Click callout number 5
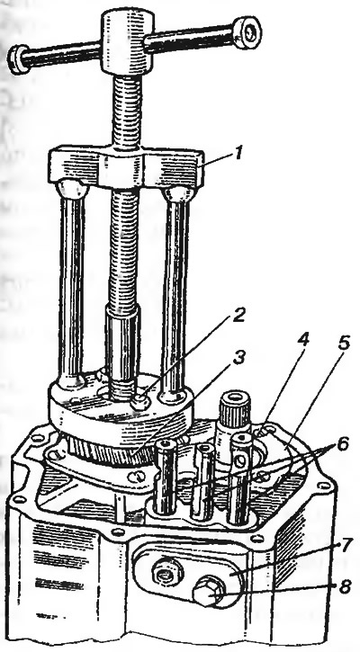point(343,344)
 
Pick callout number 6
point(341,446)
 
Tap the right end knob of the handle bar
point(247,31)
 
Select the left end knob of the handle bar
point(19,59)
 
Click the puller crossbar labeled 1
point(126,167)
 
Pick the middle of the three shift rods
point(204,481)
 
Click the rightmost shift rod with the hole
point(240,478)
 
